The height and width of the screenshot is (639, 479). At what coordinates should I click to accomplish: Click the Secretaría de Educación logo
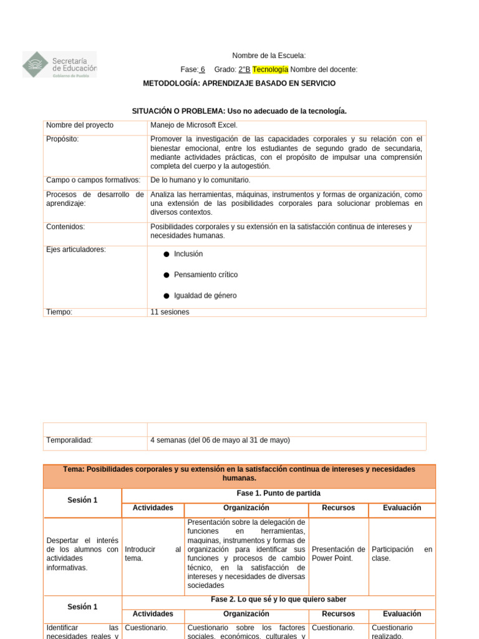coord(60,65)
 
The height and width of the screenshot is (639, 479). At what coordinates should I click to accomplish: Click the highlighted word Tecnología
coord(270,69)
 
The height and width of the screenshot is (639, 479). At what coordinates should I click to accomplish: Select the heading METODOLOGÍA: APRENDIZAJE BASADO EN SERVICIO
coord(239,83)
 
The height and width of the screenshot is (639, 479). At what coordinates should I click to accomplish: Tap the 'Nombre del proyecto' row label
coord(80,125)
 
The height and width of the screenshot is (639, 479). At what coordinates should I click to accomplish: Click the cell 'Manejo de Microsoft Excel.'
coord(194,125)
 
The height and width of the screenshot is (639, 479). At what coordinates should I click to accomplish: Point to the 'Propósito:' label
coord(62,139)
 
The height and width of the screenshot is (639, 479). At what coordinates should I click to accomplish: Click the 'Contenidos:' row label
coord(65,227)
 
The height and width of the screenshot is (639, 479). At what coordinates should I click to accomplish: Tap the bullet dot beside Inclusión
coord(167,255)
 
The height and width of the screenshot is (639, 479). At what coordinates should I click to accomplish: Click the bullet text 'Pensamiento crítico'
coord(206,275)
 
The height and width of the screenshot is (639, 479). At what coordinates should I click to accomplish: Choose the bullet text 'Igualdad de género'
coord(205,296)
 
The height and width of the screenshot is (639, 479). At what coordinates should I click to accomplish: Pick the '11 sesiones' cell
coord(170,312)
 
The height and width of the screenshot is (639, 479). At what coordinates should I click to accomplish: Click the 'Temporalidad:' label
coord(69,440)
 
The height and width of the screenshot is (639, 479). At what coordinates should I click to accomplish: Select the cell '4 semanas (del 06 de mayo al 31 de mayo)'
coord(220,440)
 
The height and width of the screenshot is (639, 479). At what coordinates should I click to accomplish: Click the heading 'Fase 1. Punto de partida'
coord(278,493)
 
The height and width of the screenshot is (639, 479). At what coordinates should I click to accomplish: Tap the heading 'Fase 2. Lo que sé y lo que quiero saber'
coord(278,599)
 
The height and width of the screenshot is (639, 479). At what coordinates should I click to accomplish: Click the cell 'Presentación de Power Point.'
coord(338,554)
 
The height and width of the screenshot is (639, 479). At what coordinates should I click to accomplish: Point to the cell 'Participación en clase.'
coord(402,554)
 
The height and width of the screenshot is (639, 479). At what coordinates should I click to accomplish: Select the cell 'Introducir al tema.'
coord(153,554)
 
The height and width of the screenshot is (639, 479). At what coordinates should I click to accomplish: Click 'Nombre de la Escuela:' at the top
coord(269,56)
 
